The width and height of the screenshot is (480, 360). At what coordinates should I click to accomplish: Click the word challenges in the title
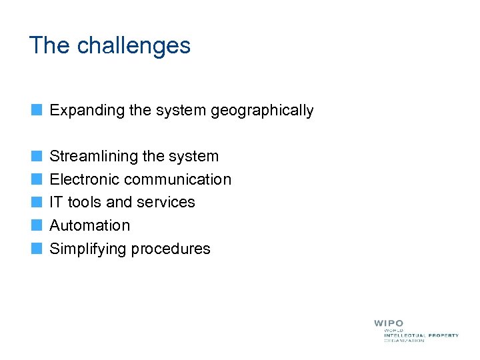134,46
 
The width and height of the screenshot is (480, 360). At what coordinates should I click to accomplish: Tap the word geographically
262,111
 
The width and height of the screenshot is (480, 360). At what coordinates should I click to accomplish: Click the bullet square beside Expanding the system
37,110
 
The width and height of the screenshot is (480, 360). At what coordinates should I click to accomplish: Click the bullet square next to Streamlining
37,156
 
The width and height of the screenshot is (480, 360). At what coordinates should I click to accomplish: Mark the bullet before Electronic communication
37,179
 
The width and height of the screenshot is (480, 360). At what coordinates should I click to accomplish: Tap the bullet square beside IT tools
37,202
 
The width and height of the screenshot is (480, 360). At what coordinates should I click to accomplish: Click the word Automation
90,225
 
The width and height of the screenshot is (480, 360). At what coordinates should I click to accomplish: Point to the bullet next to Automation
37,225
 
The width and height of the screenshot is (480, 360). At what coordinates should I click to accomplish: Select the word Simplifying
88,249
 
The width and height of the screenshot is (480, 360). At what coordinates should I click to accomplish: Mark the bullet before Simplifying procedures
37,249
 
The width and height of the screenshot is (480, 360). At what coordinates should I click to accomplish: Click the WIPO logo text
389,323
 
